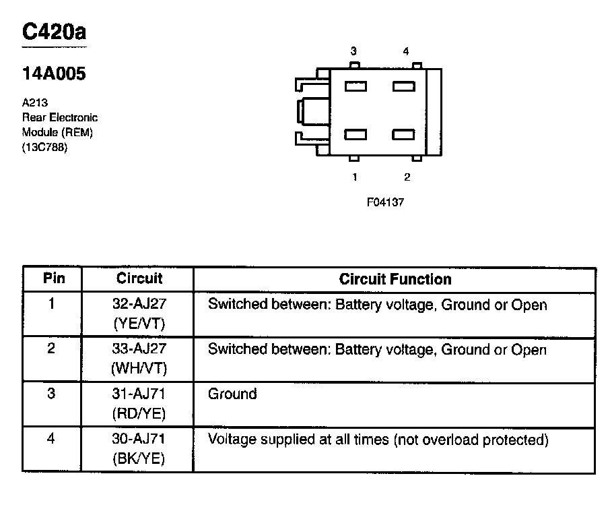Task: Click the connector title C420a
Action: pos(55,32)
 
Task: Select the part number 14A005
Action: pos(55,74)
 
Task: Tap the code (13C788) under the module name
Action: pos(45,148)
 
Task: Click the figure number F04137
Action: pos(385,202)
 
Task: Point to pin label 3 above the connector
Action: pos(353,51)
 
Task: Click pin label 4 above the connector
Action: pos(405,51)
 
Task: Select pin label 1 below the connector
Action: pos(354,177)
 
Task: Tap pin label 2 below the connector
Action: pos(407,177)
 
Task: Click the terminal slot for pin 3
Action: pos(355,86)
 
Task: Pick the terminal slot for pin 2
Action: pos(404,134)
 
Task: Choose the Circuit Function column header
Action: pos(395,279)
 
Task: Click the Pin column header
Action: pos(52,278)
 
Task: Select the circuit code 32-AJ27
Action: pos(139,305)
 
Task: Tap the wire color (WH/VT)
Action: pos(139,368)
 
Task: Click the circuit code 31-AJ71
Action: pos(139,394)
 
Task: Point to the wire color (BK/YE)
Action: pos(139,458)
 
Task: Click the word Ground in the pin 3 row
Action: pos(232,394)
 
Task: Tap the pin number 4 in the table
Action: pos(51,439)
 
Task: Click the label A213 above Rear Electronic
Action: pos(34,103)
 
